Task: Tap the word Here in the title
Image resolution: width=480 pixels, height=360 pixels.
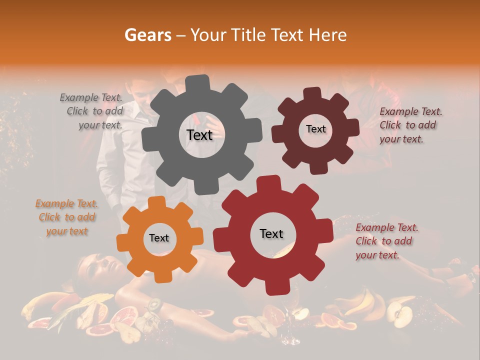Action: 327,35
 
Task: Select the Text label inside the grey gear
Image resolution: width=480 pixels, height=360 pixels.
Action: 199,135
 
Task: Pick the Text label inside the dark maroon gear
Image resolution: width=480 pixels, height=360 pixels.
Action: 315,129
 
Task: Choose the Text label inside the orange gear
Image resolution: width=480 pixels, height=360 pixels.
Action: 159,238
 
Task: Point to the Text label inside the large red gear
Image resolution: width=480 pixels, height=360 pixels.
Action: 271,233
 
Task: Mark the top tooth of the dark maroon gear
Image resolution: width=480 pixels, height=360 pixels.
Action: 312,93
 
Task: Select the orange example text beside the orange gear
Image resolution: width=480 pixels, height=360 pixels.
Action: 66,217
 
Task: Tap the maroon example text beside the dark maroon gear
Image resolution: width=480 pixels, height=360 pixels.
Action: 410,125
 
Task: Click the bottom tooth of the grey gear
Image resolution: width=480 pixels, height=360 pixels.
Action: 202,188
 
